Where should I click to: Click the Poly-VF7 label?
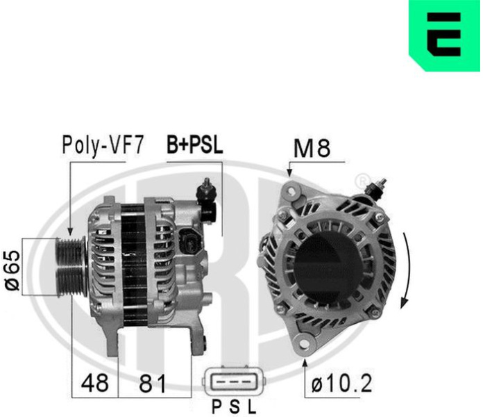103,145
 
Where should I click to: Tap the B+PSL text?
195,145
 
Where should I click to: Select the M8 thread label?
312,148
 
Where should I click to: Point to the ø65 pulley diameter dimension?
12,270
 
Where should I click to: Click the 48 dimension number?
95,383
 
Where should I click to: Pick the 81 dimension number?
153,384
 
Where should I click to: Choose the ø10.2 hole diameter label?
341,383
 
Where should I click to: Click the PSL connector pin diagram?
234,382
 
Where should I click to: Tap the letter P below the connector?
217,407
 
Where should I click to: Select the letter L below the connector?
253,407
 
